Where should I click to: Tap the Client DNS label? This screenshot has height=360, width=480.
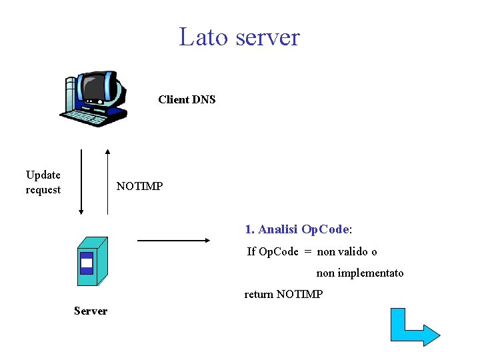coord(187,100)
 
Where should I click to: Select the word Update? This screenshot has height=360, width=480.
coord(43,175)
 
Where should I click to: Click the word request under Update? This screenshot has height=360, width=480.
coord(43,190)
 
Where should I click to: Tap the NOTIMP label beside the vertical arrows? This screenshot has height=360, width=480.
coord(139,186)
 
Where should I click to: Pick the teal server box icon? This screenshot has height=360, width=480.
coord(91,262)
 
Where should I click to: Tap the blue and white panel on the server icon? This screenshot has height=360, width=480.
coord(86,263)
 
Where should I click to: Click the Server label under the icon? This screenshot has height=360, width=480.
coord(91,311)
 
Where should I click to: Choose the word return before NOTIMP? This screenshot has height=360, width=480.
coord(259,294)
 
